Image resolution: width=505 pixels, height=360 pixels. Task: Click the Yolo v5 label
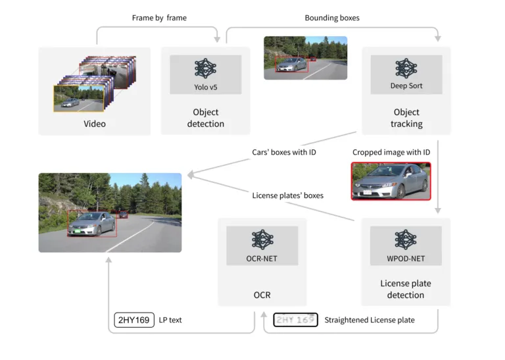tap(205, 87)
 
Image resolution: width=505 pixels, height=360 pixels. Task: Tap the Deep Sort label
tap(406, 86)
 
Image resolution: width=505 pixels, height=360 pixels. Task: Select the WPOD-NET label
tap(406, 259)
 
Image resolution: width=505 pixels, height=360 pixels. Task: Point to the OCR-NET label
tap(262, 259)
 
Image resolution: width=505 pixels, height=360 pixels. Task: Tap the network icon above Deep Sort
tap(406, 68)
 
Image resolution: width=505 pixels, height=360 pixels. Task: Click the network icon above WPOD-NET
tap(406, 240)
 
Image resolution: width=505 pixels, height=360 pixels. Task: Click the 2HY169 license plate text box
tap(133, 321)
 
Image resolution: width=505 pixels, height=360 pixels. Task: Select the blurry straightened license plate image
tap(295, 321)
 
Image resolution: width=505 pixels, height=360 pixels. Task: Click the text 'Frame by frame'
tap(159, 18)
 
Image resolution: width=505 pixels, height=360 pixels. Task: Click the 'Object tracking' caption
tap(406, 118)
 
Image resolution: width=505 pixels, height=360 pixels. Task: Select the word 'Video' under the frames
tap(95, 124)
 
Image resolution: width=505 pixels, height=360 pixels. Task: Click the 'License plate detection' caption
tap(406, 289)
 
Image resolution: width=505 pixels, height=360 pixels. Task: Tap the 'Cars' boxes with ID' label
tap(285, 153)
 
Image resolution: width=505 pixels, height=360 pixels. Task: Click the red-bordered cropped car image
tap(391, 181)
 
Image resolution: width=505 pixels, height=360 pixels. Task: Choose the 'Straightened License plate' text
tap(370, 321)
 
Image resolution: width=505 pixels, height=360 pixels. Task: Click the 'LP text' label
tap(170, 321)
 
